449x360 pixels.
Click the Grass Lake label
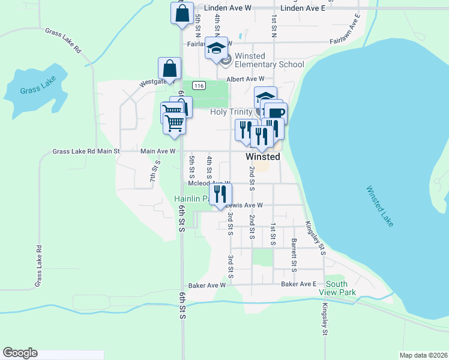[38, 85]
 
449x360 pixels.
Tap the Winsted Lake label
[380, 206]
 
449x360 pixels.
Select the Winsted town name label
[263, 157]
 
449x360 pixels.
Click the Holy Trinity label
[231, 112]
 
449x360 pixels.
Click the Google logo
[20, 353]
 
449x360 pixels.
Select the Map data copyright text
[423, 355]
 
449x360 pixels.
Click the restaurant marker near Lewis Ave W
[220, 193]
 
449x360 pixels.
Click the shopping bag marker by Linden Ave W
[182, 13]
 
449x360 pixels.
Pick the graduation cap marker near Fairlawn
[216, 49]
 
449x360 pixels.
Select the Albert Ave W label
[246, 79]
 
